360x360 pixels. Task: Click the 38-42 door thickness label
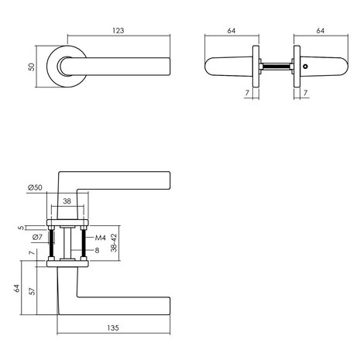pos(114,245)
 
